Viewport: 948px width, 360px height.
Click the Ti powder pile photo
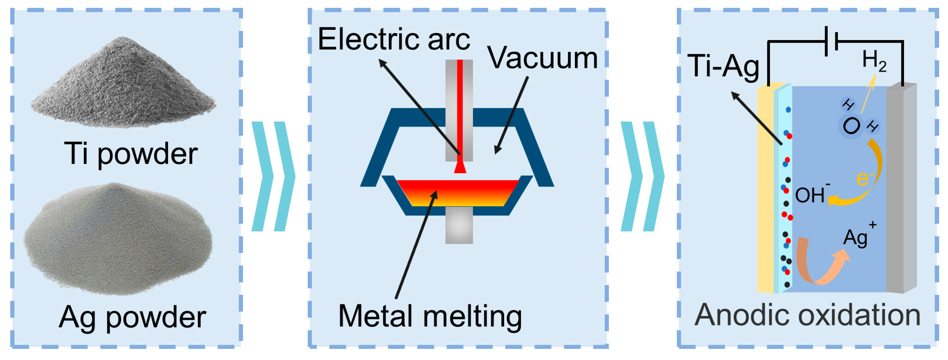123,85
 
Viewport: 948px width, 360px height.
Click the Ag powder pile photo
118,239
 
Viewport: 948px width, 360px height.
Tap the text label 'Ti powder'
131,154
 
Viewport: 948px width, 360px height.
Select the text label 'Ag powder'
132,317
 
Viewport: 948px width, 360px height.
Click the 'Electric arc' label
394,39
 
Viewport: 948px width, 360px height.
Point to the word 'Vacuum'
543,58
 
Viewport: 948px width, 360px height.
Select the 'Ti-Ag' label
723,66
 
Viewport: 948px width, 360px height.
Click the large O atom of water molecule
851,126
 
